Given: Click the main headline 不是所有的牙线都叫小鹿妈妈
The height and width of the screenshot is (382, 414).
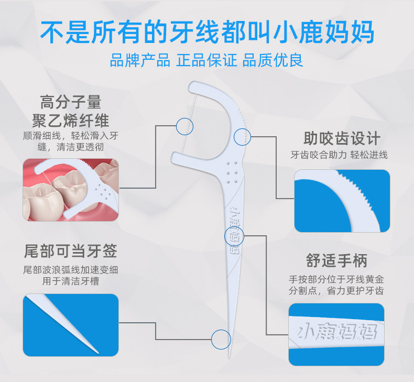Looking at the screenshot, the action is pos(207,32).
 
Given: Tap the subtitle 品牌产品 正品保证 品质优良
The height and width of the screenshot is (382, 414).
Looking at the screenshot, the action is pos(206,60).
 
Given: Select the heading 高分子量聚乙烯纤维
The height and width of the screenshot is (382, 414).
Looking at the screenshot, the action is pos(71,111).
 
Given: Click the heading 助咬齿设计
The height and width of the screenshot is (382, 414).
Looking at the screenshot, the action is pos(342,139).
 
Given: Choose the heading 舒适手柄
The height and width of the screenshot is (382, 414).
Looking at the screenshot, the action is pos(336,260).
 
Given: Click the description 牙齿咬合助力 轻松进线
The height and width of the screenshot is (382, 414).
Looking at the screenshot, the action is pos(339,155).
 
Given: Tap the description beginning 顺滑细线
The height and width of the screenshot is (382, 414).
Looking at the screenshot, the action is pos(71,141).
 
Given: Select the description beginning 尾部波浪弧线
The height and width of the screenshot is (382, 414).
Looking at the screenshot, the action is pos(71,276).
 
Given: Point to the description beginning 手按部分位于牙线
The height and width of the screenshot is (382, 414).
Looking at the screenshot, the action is pos(336,283).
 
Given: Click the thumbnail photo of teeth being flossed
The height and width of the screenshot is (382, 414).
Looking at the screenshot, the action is pos(71,190).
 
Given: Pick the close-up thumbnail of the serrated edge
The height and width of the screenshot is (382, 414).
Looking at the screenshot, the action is pos(342,201).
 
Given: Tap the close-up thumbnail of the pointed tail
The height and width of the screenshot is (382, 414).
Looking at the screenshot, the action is pos(71,325).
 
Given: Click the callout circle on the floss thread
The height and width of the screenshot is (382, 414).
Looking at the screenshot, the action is pos(184,126).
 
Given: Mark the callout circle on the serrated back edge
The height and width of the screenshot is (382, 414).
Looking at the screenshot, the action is pos(242,137).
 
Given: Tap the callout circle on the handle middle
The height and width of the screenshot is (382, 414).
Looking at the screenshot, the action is pos(234,236).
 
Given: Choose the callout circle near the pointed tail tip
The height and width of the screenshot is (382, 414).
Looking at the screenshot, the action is pos(221,339).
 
